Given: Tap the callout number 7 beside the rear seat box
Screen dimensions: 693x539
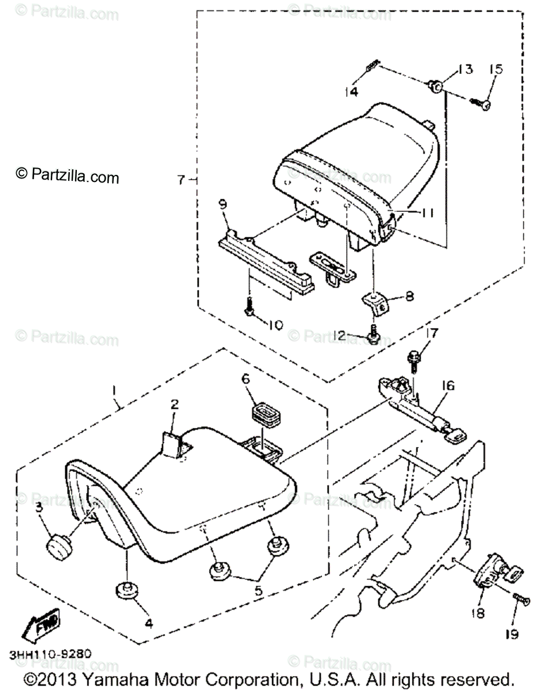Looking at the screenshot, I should pyautogui.click(x=181, y=180).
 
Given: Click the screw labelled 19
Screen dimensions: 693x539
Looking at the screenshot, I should pyautogui.click(x=522, y=601).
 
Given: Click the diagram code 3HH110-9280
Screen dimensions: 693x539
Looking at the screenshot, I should pyautogui.click(x=50, y=656).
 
